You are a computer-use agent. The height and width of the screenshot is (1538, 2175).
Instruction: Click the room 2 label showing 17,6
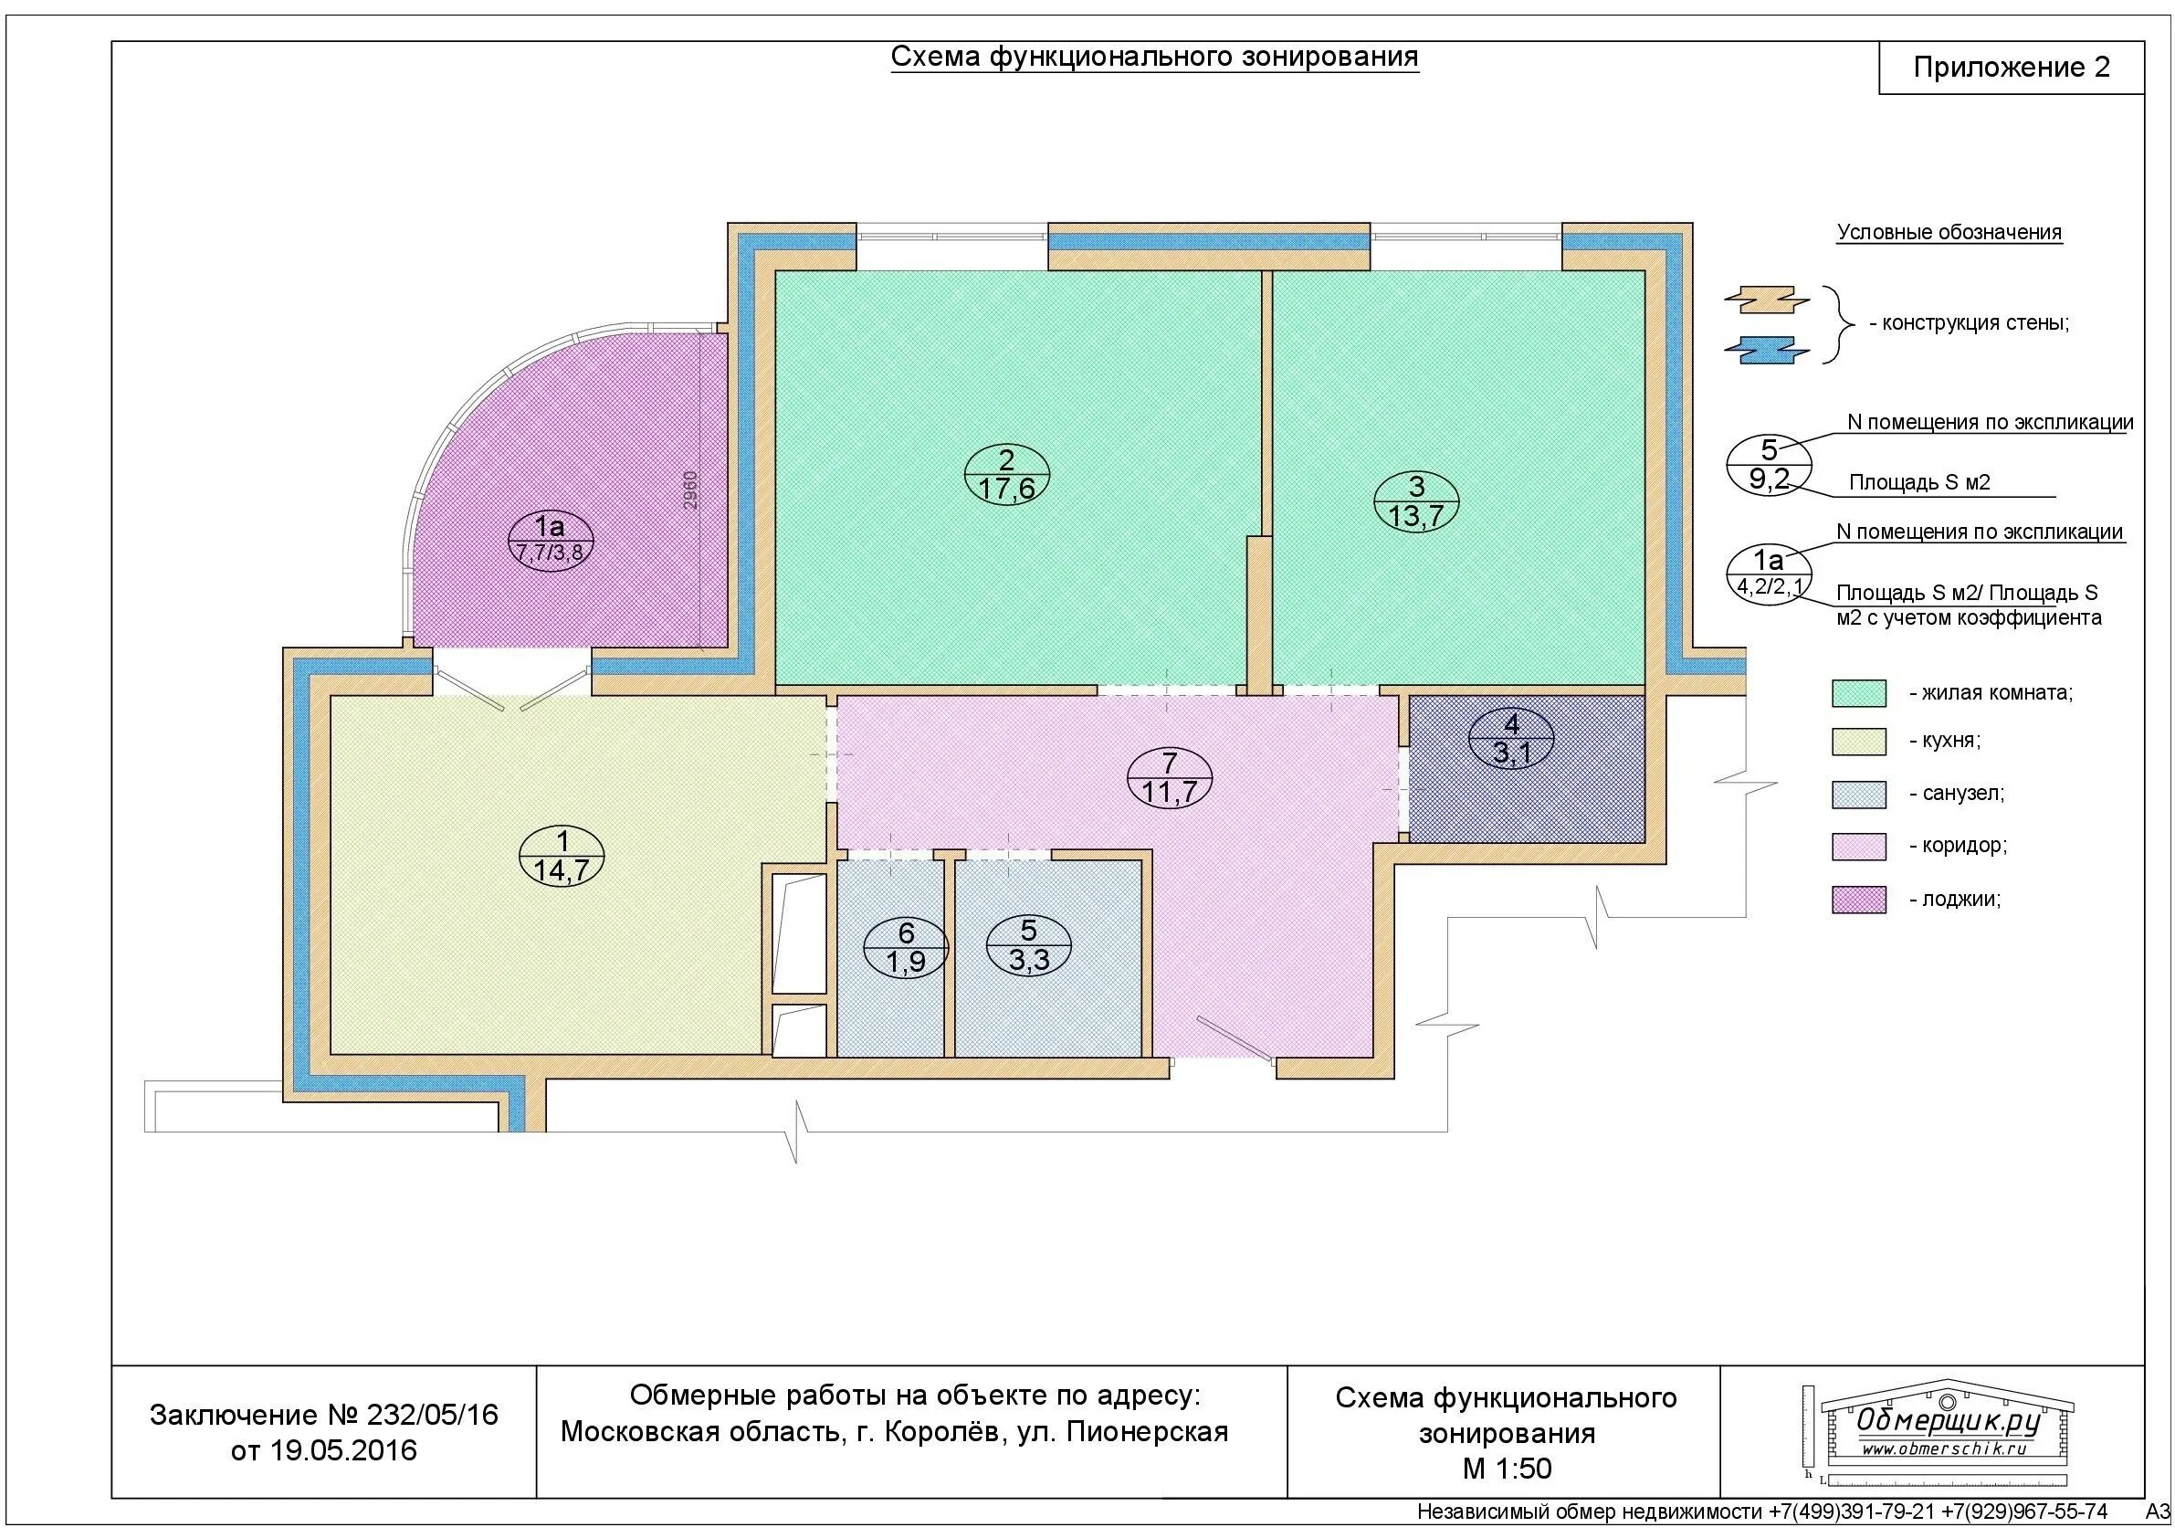click(1007, 474)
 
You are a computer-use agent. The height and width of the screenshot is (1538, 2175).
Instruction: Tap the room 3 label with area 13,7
click(1416, 501)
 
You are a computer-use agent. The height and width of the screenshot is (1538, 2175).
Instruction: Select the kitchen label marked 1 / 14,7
click(562, 856)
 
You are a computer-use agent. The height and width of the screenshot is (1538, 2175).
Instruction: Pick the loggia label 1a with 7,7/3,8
click(550, 538)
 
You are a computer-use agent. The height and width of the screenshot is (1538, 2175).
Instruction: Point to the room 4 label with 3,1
click(1512, 739)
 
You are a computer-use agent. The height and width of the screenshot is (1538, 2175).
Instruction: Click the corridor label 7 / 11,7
click(1170, 777)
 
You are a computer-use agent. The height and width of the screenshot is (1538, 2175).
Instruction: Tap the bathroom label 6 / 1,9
click(906, 948)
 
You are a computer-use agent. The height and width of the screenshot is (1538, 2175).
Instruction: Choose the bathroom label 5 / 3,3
click(1029, 944)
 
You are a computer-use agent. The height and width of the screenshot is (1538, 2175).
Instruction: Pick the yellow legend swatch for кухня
click(1858, 741)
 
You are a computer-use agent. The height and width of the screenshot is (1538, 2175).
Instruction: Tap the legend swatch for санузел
click(1858, 794)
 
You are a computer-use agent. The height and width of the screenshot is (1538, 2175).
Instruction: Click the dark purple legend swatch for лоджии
click(1858, 900)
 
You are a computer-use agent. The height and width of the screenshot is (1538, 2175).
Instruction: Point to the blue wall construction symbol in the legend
click(1768, 351)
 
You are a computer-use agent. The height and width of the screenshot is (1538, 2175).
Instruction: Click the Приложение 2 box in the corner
click(2012, 68)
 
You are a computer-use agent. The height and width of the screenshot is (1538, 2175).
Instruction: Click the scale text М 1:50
click(1508, 1469)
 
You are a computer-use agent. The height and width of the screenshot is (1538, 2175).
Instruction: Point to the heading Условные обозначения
click(1949, 232)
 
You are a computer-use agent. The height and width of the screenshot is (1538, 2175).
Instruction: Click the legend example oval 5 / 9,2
click(1769, 464)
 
